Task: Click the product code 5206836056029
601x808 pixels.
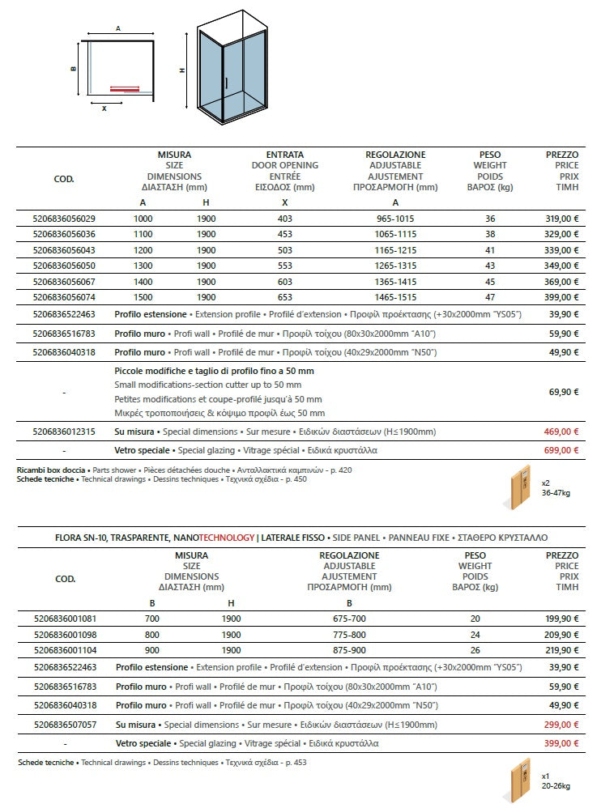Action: coord(64,218)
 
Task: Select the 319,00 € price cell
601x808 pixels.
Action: coord(562,218)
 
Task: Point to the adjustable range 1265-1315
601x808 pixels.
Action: coord(395,266)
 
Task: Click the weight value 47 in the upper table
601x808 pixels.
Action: coord(489,297)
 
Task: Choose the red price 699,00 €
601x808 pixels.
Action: coord(562,449)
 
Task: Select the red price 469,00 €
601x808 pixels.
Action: coord(562,432)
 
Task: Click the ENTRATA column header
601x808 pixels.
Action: coord(285,154)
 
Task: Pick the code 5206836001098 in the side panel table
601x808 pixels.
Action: coord(64,634)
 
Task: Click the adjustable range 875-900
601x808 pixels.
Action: coord(349,650)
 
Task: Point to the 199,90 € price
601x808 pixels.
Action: coord(562,619)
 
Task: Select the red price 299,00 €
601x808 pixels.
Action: coord(562,725)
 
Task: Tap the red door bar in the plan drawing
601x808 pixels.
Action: coord(124,90)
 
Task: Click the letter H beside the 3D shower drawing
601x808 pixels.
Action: coord(182,70)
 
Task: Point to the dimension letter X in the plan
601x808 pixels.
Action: coord(104,108)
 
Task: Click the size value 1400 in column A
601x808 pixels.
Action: coord(143,281)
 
